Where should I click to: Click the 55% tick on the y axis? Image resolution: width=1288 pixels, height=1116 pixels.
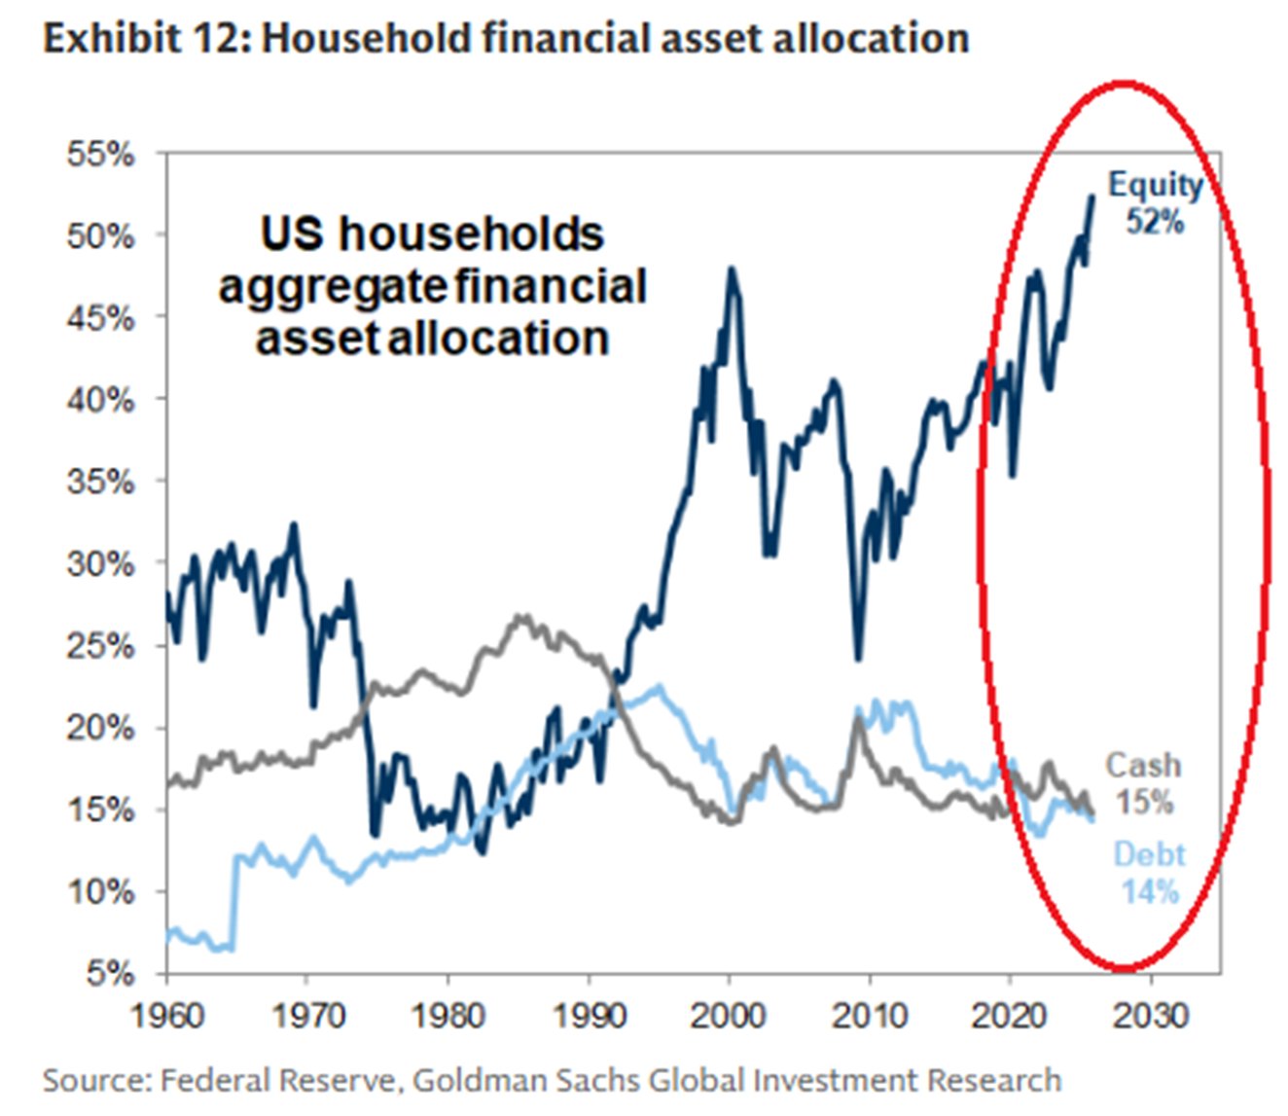(x=100, y=154)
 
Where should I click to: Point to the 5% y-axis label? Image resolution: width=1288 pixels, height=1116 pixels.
(x=109, y=973)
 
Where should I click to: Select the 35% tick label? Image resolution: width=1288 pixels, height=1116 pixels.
(x=100, y=482)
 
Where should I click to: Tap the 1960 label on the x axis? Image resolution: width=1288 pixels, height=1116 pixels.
(x=167, y=1015)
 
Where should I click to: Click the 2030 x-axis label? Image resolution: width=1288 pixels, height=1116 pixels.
(x=1151, y=1015)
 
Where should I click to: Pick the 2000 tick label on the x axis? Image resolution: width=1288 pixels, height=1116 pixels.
(x=729, y=1015)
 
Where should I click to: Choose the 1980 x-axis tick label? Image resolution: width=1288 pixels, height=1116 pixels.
(x=447, y=1015)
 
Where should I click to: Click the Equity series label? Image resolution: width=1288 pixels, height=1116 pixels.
(x=1156, y=185)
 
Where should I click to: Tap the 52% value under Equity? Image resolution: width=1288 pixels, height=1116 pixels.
(x=1155, y=222)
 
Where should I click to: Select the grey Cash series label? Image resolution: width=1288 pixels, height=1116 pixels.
(x=1143, y=766)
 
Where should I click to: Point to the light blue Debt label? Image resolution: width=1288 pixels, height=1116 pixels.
(x=1149, y=855)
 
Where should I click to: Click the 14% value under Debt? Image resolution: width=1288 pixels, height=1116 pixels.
(x=1149, y=891)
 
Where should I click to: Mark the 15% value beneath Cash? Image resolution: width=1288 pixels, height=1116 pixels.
(x=1143, y=803)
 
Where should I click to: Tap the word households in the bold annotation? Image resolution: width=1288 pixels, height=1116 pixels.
(x=471, y=234)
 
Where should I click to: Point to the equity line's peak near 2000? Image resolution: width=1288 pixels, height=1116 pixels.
(x=732, y=270)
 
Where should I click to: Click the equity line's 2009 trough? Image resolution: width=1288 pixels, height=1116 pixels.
(x=858, y=658)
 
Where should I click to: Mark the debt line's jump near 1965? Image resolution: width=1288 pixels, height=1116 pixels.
(x=234, y=900)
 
